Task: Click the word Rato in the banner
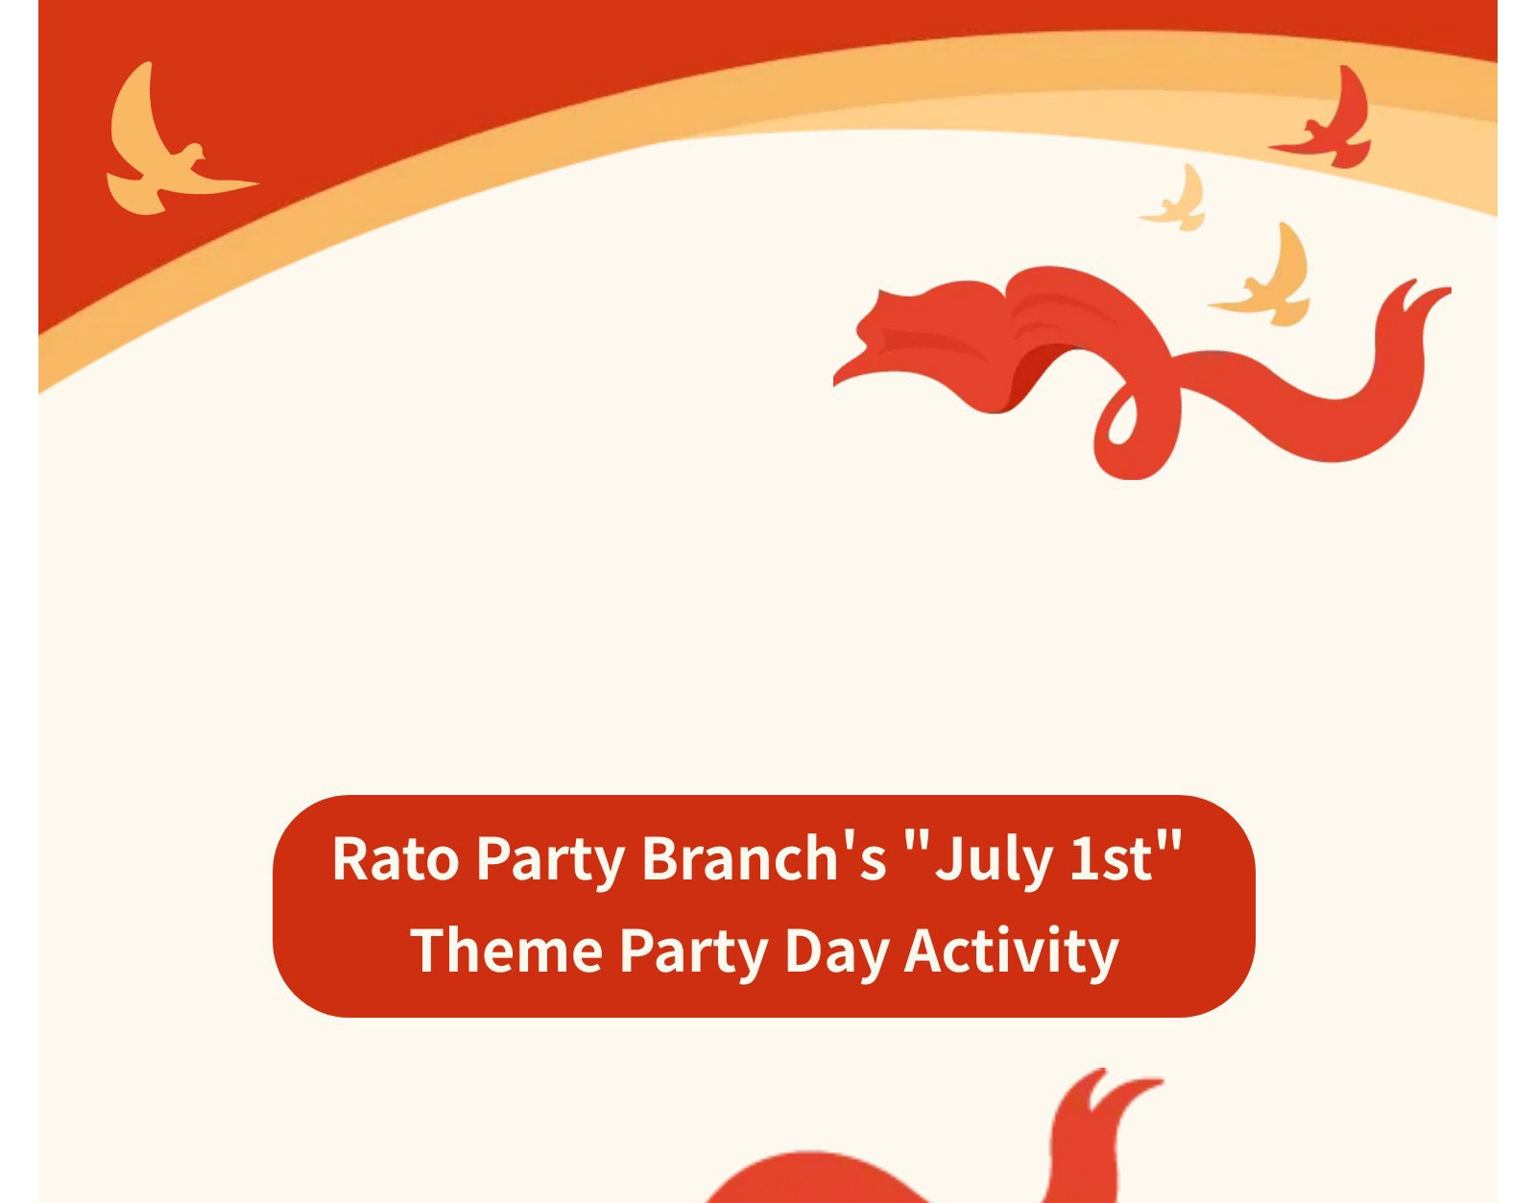point(396,859)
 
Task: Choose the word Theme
point(506,950)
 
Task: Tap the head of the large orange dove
point(194,152)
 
